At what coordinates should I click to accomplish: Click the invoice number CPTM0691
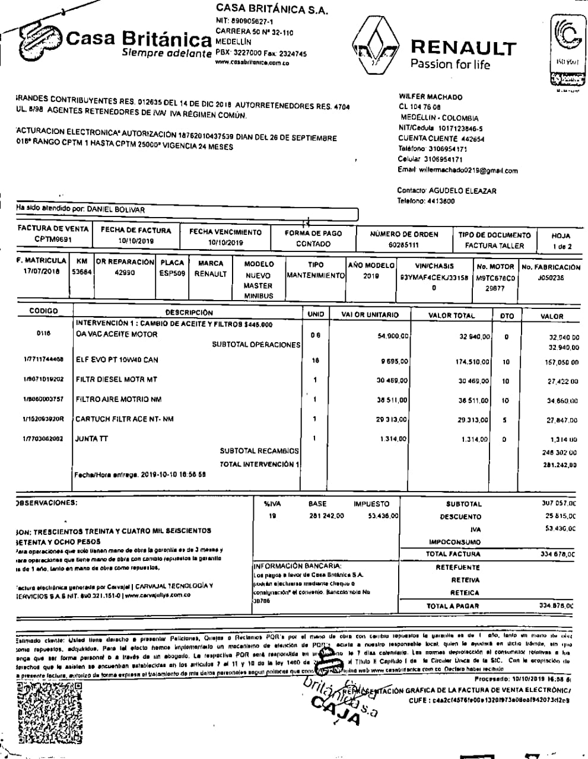pos(53,239)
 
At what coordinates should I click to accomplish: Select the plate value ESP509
pos(172,274)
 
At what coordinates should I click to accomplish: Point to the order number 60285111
pos(403,244)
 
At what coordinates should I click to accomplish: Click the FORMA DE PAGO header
pos(313,233)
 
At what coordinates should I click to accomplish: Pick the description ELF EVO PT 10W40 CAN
pos(117,360)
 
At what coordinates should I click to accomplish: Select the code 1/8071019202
pos(43,379)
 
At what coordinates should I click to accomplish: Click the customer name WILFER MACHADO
pos(431,97)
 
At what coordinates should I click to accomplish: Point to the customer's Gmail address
pos(468,170)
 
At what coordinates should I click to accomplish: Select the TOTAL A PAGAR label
pos(453,606)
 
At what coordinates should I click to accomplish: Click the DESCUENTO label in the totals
pos(460,516)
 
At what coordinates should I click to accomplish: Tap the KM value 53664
pos(81,273)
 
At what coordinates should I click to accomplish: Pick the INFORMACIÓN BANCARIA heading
pos(298,566)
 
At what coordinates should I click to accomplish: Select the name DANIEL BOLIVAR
pos(116,209)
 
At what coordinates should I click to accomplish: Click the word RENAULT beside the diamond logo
pos(463,47)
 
